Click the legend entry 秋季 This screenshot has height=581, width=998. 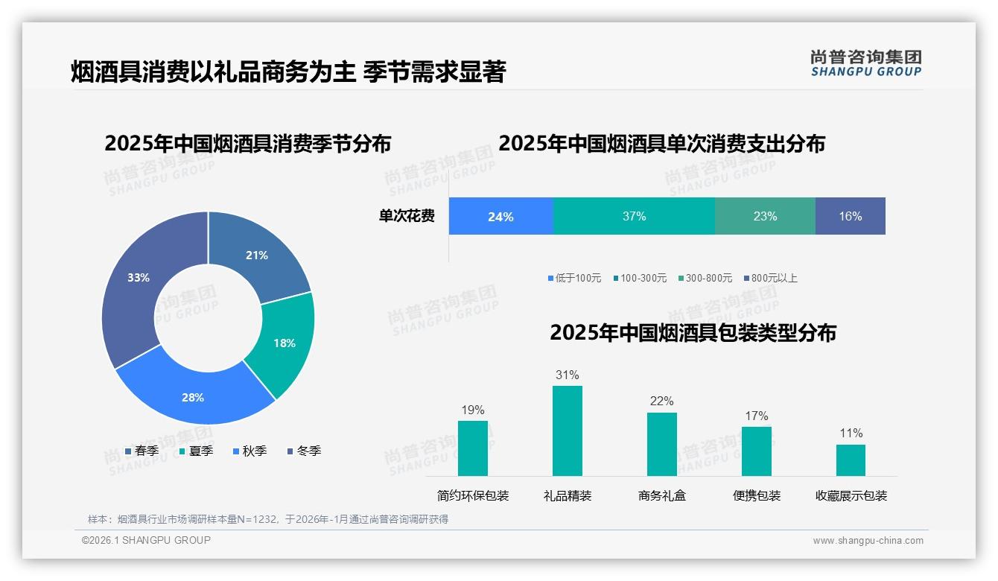click(249, 451)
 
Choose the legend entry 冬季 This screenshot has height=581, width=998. click(303, 451)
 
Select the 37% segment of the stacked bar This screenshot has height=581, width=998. click(634, 216)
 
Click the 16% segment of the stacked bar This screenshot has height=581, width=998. click(850, 216)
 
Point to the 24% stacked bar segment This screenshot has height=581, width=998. click(500, 216)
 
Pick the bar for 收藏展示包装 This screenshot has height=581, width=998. click(851, 460)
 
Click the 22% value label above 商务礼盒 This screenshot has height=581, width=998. click(661, 401)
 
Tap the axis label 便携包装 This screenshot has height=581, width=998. click(757, 495)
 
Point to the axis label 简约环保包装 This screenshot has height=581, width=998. click(473, 495)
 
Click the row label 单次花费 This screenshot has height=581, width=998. click(407, 216)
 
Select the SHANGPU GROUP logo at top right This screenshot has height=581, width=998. click(865, 63)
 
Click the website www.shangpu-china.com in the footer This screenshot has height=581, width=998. click(868, 541)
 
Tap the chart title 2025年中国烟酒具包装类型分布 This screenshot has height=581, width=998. click(693, 333)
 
